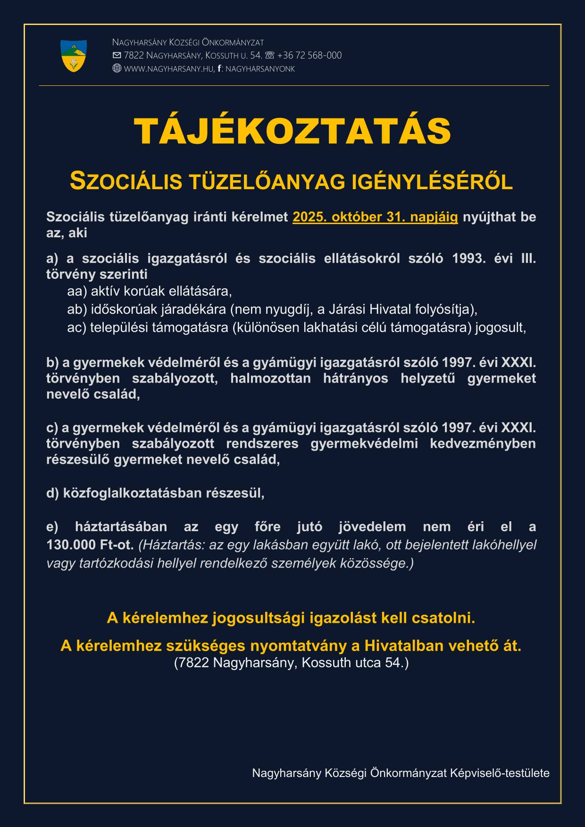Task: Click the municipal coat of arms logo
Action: (74, 56)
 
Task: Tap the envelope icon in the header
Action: (117, 55)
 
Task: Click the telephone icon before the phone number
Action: (269, 55)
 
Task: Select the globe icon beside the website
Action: (117, 68)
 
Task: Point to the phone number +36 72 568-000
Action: (309, 55)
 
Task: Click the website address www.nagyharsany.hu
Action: (169, 69)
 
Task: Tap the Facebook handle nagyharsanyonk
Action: (260, 69)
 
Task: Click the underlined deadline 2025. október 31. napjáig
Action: (375, 217)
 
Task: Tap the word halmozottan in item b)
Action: (270, 378)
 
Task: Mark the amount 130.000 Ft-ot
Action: (90, 545)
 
